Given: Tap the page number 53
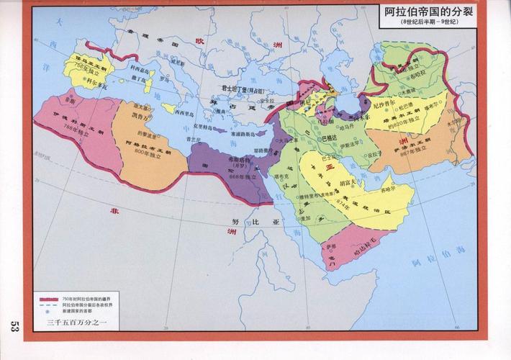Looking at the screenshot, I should [x=14, y=328].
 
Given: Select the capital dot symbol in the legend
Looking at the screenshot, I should [x=49, y=310].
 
